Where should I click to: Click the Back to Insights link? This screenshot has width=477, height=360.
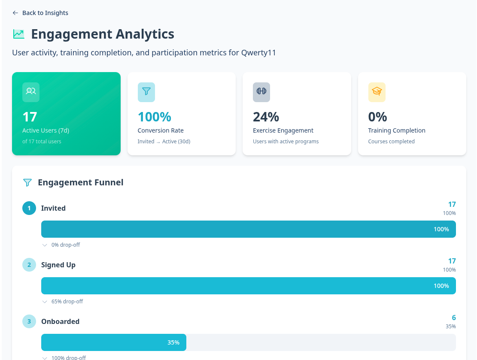40,13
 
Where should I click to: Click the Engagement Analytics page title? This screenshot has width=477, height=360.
103,34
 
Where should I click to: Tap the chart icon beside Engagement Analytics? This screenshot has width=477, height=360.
18,34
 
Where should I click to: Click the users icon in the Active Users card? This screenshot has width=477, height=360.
31,92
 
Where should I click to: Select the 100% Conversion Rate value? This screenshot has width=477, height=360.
154,117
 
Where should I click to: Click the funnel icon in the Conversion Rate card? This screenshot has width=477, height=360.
146,92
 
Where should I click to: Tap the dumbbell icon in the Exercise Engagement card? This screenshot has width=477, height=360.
261,92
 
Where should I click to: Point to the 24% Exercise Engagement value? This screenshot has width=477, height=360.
266,117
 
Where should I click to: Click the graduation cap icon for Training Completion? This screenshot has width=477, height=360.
377,92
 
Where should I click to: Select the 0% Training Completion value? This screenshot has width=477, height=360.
377,117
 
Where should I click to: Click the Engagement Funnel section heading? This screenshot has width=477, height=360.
80,182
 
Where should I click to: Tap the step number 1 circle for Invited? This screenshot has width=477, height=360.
29,208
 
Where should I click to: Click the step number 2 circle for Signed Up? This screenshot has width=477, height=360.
29,265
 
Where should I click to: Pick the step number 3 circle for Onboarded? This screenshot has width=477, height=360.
29,321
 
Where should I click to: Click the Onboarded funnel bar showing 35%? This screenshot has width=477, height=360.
114,342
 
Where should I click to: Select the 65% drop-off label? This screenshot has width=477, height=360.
67,302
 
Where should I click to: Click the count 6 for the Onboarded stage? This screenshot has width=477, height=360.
453,318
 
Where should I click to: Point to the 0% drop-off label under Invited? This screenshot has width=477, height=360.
65,245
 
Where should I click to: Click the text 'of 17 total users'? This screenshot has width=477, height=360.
42,142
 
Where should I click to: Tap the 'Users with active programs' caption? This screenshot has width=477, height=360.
286,142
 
